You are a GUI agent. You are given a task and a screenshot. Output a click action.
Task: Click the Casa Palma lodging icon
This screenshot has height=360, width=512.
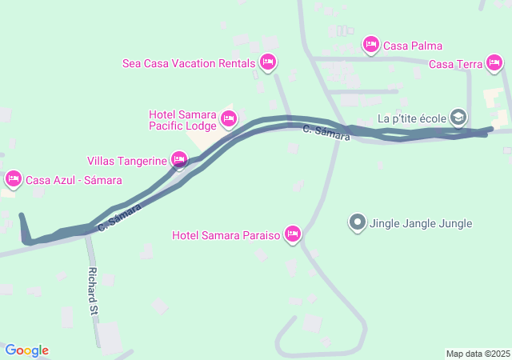370,45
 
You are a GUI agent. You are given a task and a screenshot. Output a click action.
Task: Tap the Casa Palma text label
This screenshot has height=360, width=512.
413,46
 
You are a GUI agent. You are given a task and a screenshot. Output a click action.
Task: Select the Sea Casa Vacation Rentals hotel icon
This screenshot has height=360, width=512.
268,62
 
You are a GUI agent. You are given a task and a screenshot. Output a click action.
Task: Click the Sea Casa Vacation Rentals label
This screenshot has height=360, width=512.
189,63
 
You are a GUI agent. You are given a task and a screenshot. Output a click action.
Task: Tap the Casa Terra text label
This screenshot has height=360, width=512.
455,65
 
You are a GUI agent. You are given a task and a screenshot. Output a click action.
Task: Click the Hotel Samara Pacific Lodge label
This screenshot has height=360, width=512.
182,120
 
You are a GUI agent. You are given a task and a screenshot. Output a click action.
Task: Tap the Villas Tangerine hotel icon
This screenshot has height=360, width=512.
179,159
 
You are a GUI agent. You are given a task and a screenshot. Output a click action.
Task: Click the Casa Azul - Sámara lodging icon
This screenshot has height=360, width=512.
13,179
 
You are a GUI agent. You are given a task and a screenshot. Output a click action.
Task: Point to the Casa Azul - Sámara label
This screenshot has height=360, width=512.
68,180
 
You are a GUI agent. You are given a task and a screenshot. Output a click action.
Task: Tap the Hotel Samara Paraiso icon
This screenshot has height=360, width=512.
293,234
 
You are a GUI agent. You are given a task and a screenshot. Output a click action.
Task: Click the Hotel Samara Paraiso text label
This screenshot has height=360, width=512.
226,235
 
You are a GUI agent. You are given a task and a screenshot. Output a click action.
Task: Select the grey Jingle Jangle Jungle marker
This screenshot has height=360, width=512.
358,223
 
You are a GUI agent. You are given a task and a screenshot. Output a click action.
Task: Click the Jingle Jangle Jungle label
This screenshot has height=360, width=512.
421,224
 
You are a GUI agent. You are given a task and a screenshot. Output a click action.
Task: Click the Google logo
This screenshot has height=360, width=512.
27,350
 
